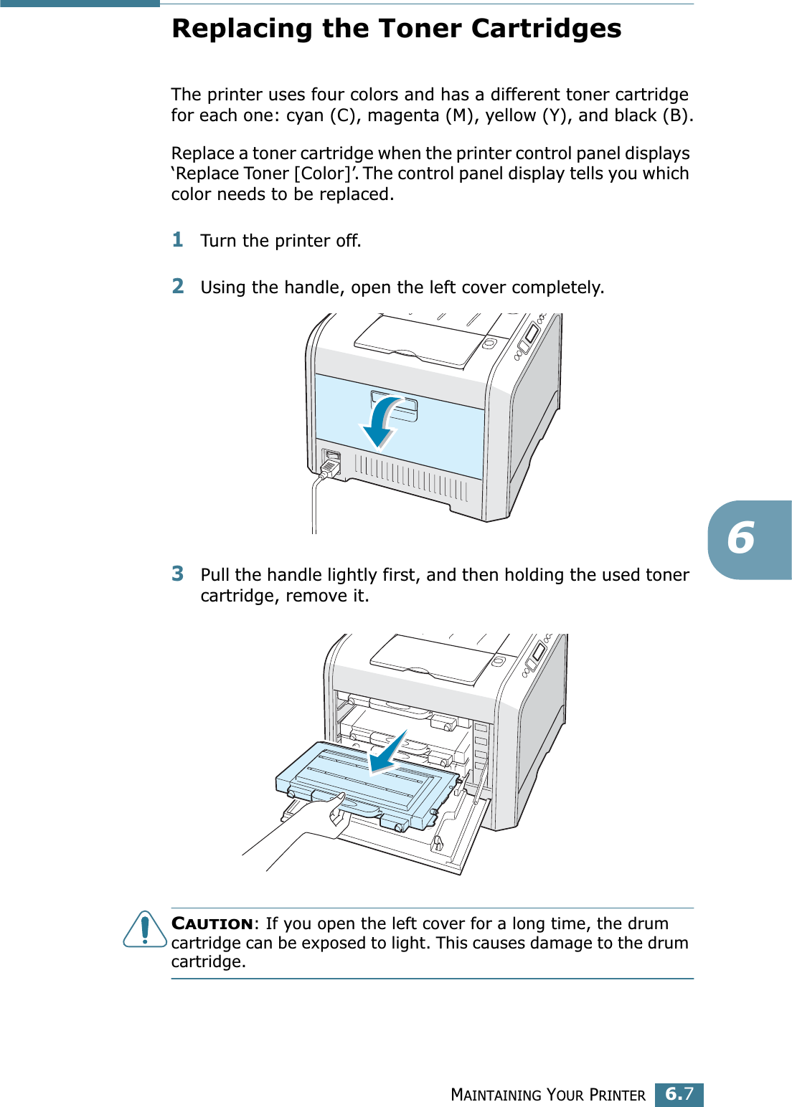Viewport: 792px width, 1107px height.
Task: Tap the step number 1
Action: (x=178, y=239)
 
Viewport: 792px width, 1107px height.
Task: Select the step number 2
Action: (x=178, y=286)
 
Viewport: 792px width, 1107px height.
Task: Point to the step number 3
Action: (x=178, y=574)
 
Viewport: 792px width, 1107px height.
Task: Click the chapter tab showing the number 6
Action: (x=742, y=539)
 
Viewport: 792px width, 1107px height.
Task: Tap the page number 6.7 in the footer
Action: (x=679, y=1094)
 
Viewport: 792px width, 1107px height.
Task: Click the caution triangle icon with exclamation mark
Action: (x=145, y=929)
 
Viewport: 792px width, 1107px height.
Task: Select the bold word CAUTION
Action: (x=212, y=923)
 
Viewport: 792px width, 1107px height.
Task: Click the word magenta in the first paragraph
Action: (x=403, y=115)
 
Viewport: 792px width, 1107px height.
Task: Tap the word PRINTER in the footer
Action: (x=617, y=1095)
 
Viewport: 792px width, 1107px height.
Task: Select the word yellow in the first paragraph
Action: (x=511, y=115)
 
